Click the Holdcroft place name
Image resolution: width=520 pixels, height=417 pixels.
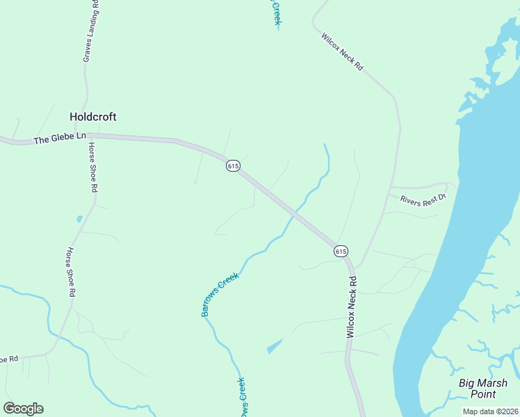[92, 117]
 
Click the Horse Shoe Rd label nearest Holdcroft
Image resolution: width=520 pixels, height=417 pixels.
[93, 167]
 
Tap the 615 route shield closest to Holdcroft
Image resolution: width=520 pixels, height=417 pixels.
[233, 165]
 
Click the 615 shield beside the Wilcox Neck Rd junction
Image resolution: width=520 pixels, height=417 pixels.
[340, 251]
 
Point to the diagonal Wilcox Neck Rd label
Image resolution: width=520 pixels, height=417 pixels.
[342, 50]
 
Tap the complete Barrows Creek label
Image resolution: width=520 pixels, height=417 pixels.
[220, 295]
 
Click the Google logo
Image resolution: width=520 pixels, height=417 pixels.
[23, 408]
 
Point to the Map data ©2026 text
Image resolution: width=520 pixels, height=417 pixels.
[490, 411]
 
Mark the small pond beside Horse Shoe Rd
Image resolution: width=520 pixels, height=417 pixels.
[79, 219]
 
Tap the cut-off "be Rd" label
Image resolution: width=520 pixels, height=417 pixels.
[8, 359]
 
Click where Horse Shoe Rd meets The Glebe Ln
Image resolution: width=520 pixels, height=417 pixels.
[88, 137]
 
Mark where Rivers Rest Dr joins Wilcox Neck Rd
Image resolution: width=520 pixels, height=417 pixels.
[390, 188]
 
